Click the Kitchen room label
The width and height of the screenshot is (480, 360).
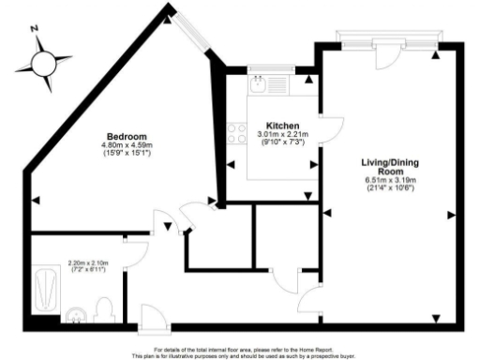click(282, 126)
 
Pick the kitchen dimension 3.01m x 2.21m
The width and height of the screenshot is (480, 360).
click(282, 134)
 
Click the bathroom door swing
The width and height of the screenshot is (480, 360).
click(139, 249)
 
